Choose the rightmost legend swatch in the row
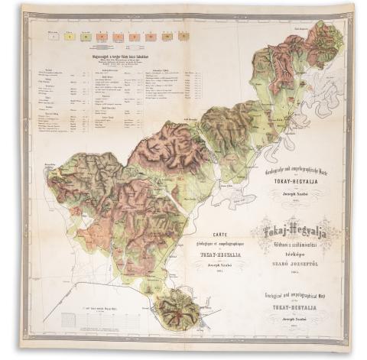[x=183, y=35]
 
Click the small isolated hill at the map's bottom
[x=178, y=307]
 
